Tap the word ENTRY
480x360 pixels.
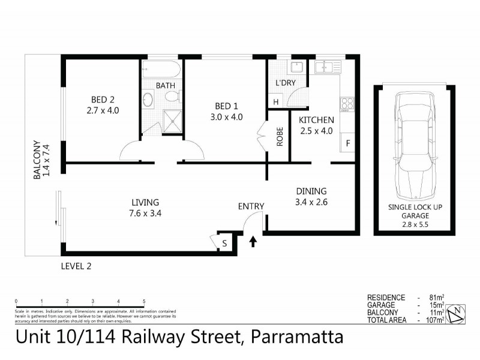(251, 206)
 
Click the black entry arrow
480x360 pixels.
(253, 241)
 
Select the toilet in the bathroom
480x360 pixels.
(171, 97)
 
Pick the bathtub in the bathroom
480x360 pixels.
(161, 70)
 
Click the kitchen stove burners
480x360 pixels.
(346, 104)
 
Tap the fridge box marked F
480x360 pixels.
(347, 144)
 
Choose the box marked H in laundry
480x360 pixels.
(276, 102)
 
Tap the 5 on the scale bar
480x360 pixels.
(144, 301)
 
